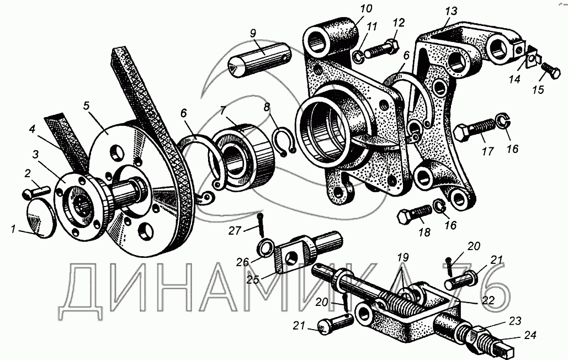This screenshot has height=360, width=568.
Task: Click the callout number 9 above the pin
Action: click(x=253, y=33)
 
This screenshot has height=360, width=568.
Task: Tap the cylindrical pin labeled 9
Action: click(x=259, y=59)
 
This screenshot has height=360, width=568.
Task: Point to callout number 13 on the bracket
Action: click(x=452, y=11)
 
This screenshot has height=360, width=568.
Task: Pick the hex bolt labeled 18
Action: click(x=415, y=214)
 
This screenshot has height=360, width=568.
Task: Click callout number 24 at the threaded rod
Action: click(x=530, y=335)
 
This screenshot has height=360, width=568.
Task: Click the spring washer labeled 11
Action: click(x=358, y=56)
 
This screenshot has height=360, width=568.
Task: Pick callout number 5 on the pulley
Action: click(x=86, y=106)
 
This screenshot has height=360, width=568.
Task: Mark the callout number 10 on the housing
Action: click(x=366, y=9)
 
